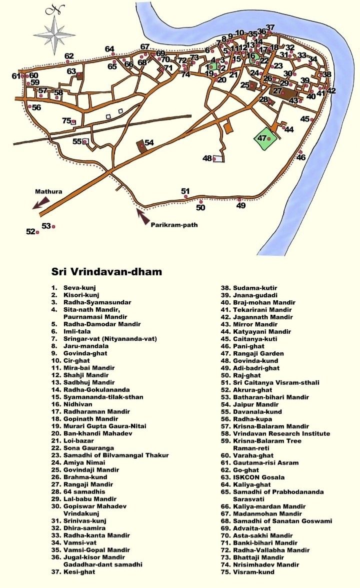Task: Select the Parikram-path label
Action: click(x=174, y=225)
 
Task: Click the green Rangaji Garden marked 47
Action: click(x=265, y=138)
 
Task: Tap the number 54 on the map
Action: click(x=149, y=143)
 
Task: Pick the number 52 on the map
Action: click(x=30, y=231)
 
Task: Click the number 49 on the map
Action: click(x=241, y=205)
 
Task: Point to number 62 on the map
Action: click(x=69, y=56)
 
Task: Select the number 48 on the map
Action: click(x=207, y=158)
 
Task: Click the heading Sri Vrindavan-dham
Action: click(x=107, y=272)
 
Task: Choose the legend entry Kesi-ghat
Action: click(x=79, y=572)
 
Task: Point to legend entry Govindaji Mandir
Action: click(x=88, y=470)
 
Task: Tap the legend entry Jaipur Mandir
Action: click(x=253, y=404)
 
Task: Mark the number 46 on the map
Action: click(x=301, y=157)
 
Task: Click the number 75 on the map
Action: click(x=66, y=120)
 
